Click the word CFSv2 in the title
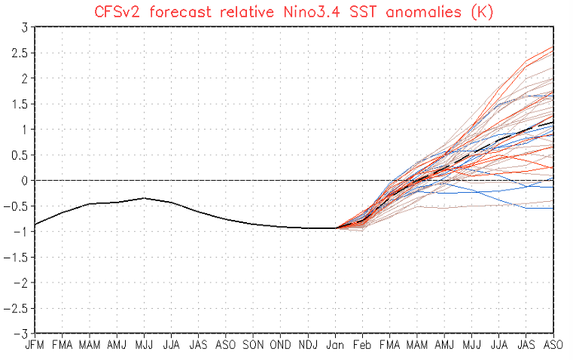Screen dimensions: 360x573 click(114, 11)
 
